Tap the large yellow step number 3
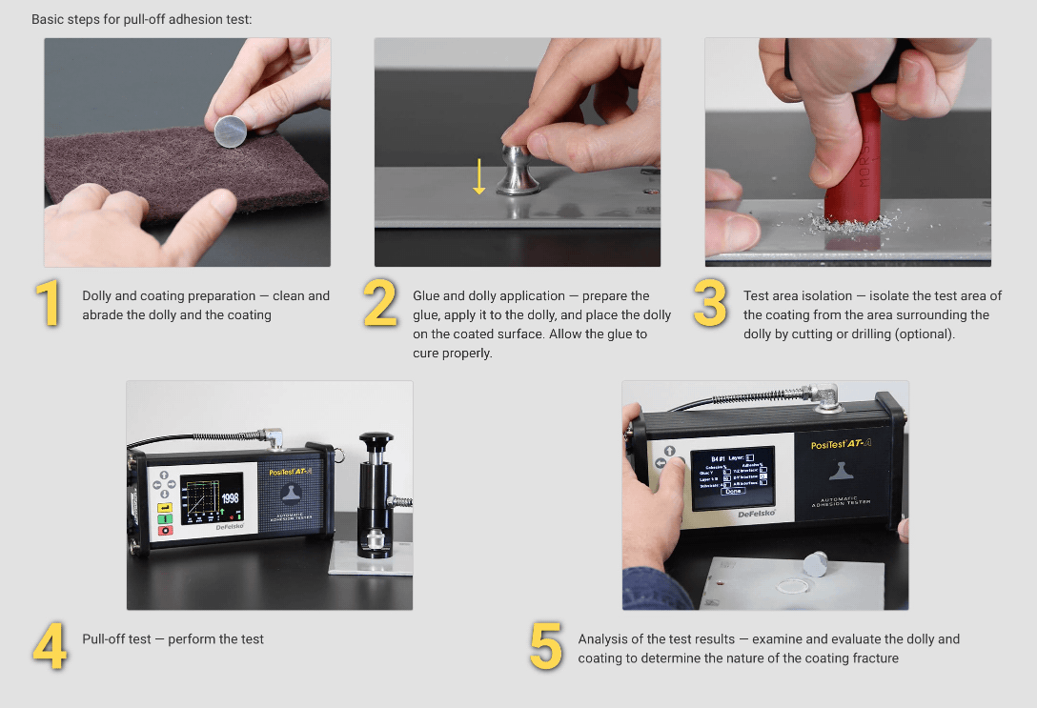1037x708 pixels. pos(710,304)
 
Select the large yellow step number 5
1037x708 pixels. pos(546,646)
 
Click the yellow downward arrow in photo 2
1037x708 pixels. pos(479,177)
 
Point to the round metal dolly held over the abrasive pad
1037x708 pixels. pos(229,131)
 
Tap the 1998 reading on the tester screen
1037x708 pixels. pos(230,498)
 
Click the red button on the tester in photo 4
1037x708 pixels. pos(165,531)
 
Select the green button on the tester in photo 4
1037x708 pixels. pos(165,519)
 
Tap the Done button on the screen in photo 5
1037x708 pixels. pos(732,492)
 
